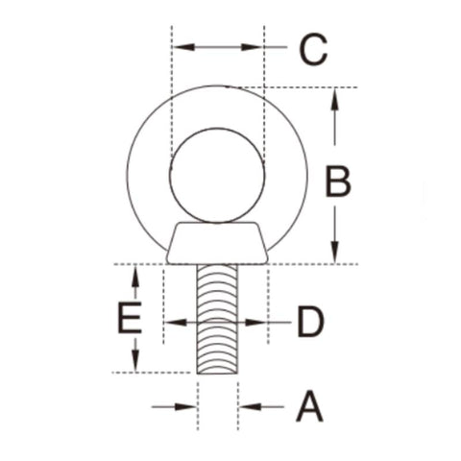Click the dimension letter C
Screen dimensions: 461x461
click(313, 49)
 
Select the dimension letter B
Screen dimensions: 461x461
click(338, 181)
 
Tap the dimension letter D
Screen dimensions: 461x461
click(310, 322)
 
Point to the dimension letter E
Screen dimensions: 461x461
click(130, 318)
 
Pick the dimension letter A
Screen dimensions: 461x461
click(309, 406)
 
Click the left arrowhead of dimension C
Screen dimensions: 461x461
click(184, 47)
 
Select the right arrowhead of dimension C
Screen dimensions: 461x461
click(252, 47)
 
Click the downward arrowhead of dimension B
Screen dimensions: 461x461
click(335, 253)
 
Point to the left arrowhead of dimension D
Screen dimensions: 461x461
click(176, 322)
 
